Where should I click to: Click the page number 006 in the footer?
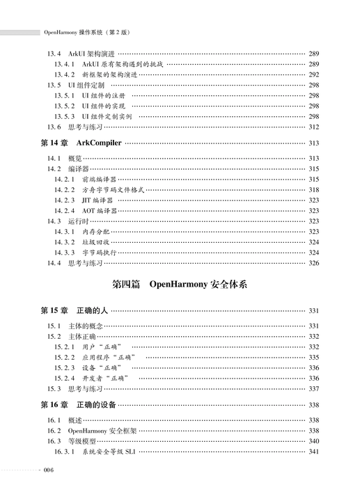point(48,471)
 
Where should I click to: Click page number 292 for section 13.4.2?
point(313,74)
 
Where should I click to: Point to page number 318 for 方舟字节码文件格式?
point(313,189)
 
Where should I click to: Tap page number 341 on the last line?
point(313,452)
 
